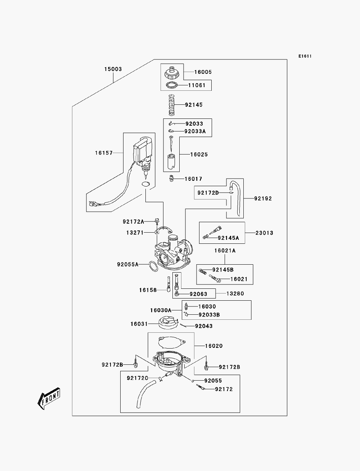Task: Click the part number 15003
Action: tap(113, 69)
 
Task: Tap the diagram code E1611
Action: tap(305, 56)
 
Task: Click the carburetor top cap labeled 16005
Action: tap(172, 73)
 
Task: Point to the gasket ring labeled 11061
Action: tap(172, 85)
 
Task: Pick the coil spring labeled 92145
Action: tap(171, 105)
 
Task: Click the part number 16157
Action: tap(104, 153)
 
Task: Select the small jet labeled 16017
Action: tap(171, 178)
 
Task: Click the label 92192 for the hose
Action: tap(263, 198)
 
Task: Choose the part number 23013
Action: tap(264, 233)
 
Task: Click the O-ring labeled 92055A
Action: tap(153, 266)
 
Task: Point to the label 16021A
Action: tap(225, 250)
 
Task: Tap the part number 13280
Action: tap(235, 293)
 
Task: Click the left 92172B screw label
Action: tap(112, 364)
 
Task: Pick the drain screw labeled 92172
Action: tap(201, 387)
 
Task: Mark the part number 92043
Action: tap(204, 326)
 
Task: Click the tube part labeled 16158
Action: tap(168, 284)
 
